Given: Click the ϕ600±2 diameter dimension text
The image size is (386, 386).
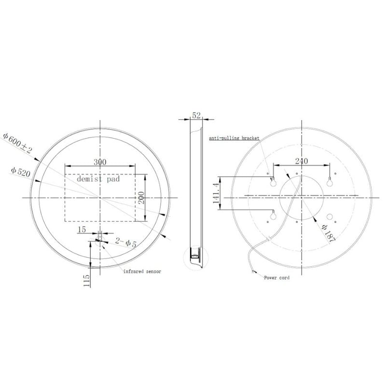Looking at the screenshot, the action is pos(17,143).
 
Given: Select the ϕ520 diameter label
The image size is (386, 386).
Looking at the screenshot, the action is pos(21,172).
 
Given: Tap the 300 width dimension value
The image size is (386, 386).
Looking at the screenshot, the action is pos(100,162).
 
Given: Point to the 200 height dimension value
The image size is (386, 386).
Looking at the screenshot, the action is pos(141,198).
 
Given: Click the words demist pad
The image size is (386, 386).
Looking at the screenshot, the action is pos(98,179).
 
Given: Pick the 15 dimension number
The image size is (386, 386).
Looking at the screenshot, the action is pos(82,230).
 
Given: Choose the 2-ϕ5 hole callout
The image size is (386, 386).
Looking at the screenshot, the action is pos(126,243).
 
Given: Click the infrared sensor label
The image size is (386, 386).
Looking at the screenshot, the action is pos(142,271).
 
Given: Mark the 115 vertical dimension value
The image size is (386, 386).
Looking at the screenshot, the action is pos(86,280).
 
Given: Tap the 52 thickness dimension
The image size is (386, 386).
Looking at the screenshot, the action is pos(196,115).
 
